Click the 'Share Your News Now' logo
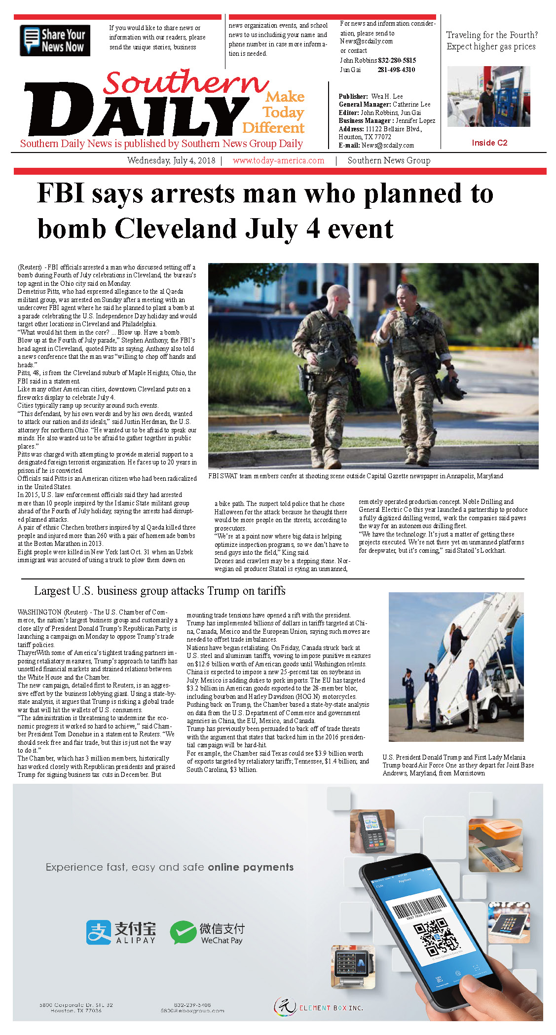55,40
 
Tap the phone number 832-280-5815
397,60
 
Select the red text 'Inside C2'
489,143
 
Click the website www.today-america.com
278,160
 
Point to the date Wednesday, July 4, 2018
171,160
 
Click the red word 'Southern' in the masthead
185,82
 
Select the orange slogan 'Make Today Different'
276,113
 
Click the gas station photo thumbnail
488,97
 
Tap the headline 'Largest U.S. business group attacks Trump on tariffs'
159,591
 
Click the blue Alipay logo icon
99,932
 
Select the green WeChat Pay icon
183,932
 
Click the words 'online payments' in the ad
251,867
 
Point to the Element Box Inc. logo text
331,1007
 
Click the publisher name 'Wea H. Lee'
387,96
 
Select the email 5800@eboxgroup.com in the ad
192,1010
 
